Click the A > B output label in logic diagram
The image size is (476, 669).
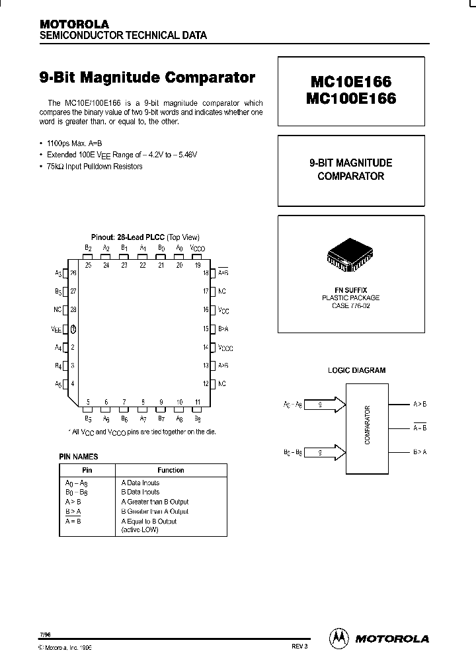(x=420, y=403)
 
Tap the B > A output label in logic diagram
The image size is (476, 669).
(x=420, y=452)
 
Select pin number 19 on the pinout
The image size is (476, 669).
(x=197, y=264)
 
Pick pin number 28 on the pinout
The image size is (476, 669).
(x=73, y=309)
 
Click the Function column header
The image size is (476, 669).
(x=171, y=470)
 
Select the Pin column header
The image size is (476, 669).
(x=87, y=470)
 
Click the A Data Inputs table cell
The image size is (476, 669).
(x=140, y=483)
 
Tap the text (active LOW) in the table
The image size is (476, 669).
(x=140, y=530)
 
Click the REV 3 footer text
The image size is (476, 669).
(x=299, y=647)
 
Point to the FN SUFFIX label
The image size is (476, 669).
(x=350, y=290)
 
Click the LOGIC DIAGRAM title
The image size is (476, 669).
(x=357, y=371)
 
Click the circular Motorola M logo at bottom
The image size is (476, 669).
(x=338, y=638)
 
